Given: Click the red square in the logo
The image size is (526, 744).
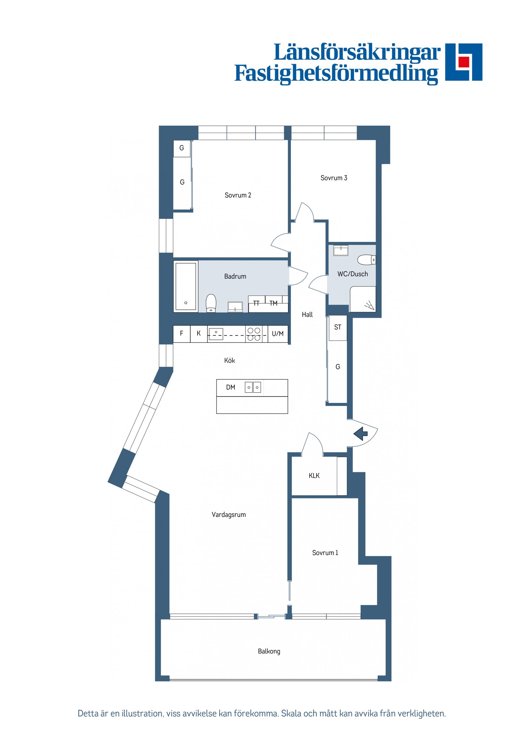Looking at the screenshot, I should (464, 62).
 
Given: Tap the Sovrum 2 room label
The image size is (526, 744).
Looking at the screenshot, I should (238, 195).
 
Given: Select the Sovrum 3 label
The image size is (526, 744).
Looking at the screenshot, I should (333, 178).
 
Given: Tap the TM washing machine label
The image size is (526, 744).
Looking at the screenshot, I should (273, 303).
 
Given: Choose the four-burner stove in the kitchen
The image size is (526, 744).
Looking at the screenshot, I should (253, 334).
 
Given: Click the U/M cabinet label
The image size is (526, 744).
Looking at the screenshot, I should (278, 333).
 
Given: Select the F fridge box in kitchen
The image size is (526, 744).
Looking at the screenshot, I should (181, 333).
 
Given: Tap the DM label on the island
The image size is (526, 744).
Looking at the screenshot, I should (230, 387).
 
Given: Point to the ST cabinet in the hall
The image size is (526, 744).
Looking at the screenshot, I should (338, 328).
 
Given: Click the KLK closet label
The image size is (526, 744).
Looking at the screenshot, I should (314, 476).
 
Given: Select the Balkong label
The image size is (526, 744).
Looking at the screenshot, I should (269, 651).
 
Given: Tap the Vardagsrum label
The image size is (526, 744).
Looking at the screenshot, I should (228, 514).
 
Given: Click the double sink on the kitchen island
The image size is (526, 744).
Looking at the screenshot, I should (253, 387).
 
